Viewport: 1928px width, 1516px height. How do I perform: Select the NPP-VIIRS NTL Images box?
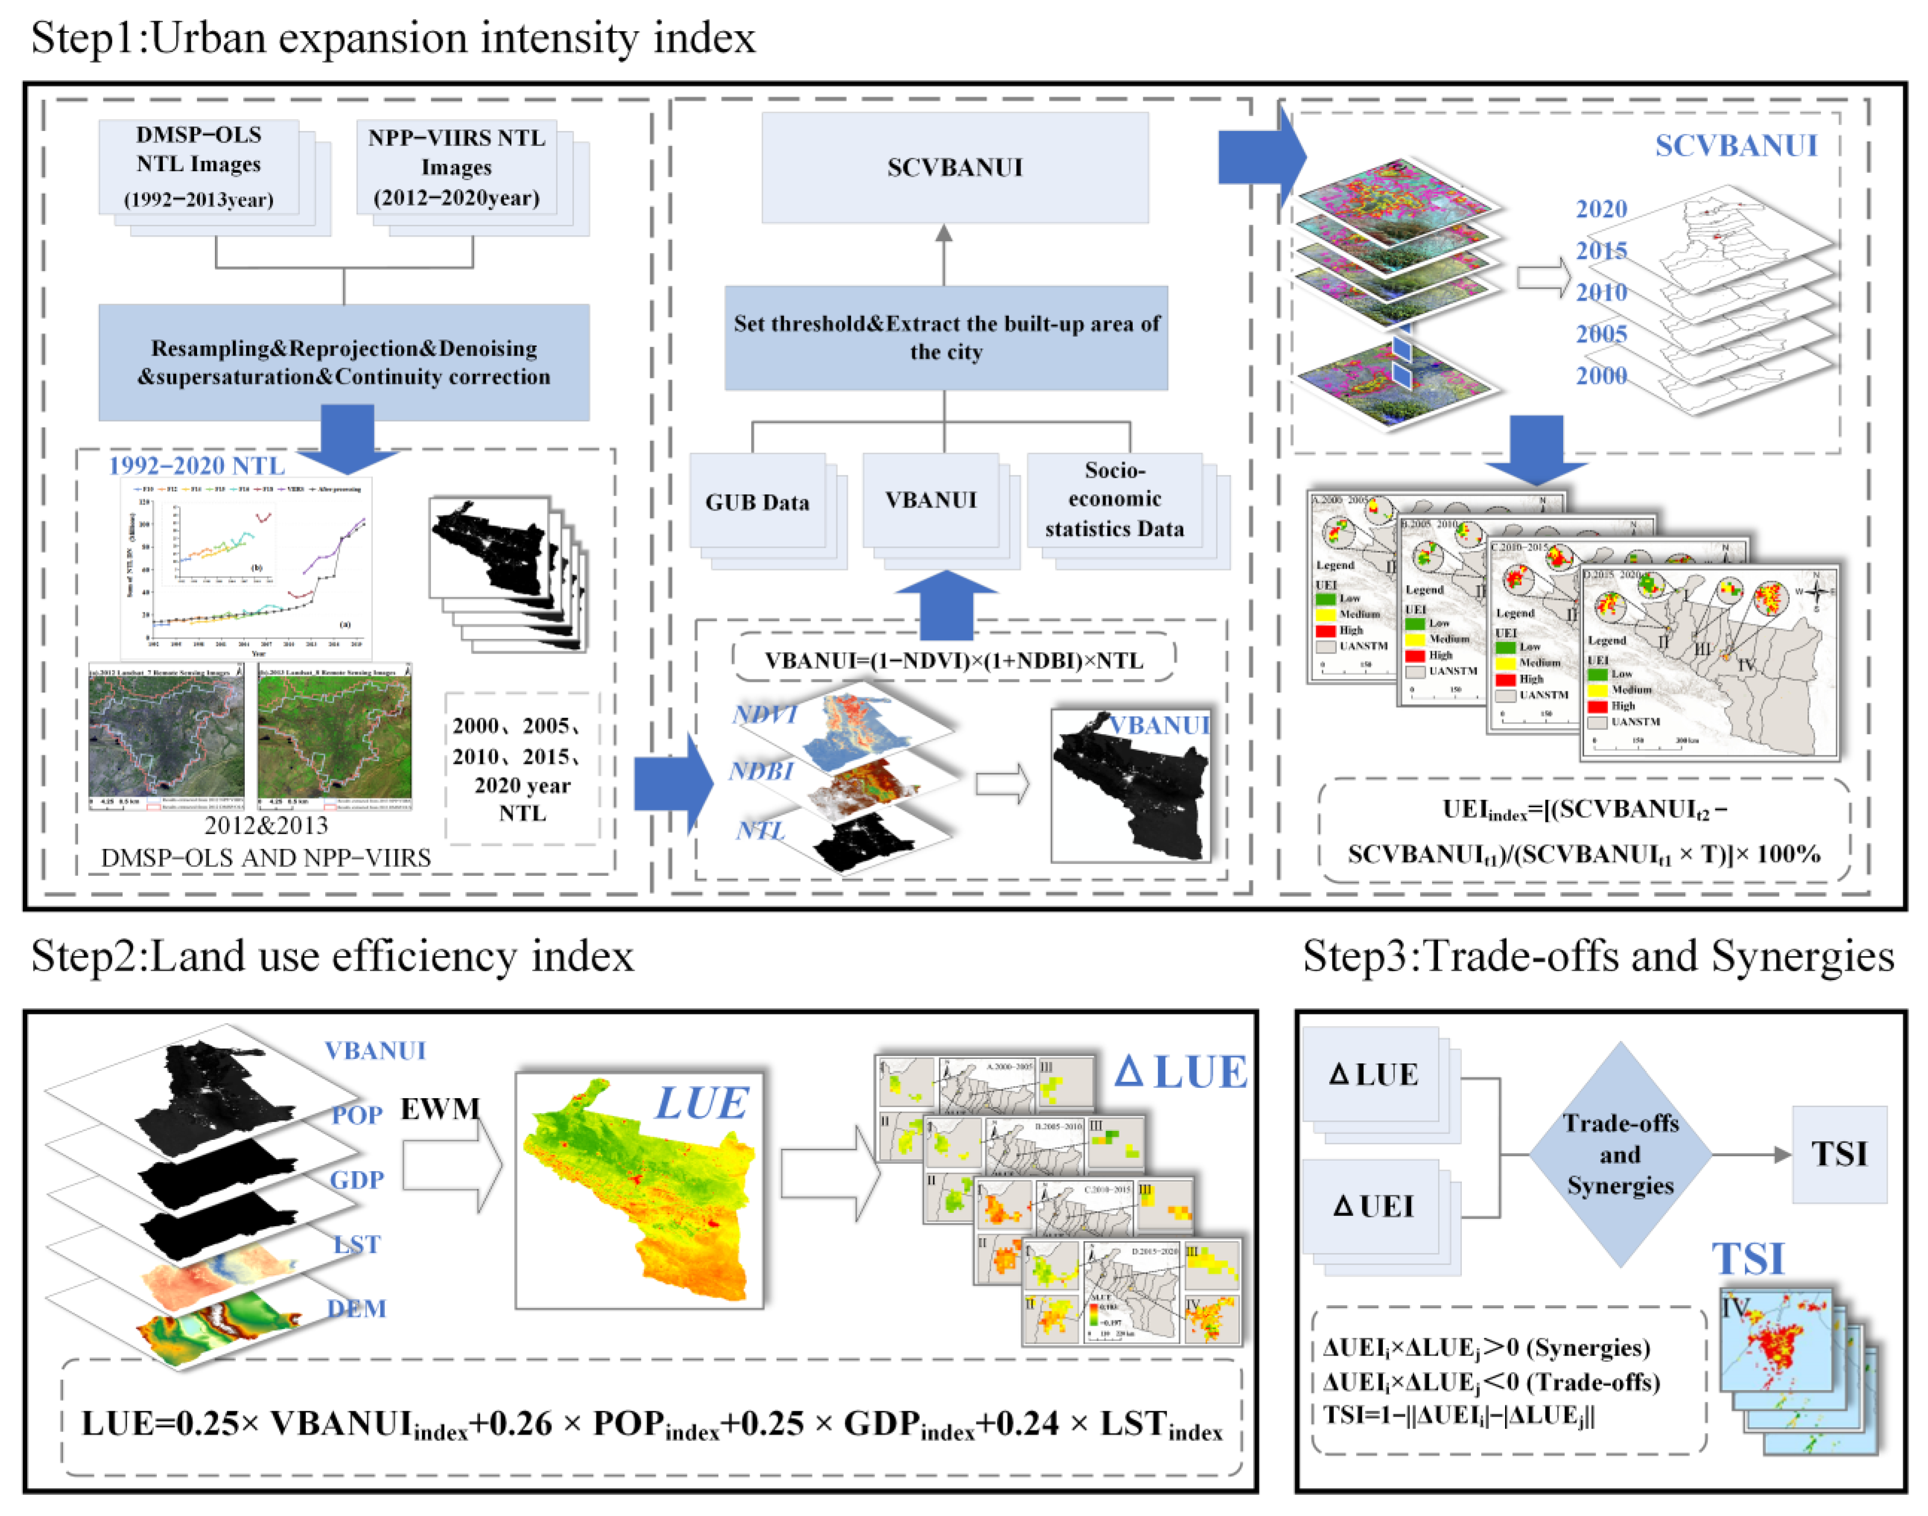[456, 167]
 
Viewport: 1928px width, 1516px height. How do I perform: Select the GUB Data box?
[757, 502]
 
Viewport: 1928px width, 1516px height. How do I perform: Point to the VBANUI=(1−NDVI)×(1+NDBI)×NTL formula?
[954, 660]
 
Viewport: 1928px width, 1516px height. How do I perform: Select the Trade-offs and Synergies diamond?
[1620, 1154]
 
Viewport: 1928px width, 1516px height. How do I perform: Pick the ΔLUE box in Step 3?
[1373, 1075]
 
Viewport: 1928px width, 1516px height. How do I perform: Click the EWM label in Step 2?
[440, 1109]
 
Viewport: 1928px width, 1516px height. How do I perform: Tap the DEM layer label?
[356, 1308]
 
